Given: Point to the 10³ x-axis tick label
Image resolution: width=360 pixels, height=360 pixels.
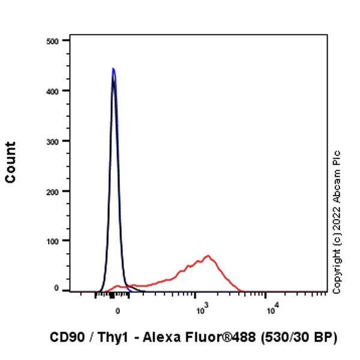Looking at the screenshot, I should (201, 310).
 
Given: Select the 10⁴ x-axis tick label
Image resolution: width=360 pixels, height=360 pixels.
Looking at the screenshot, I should (271, 310).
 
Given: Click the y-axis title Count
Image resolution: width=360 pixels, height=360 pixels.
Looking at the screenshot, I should (11, 162).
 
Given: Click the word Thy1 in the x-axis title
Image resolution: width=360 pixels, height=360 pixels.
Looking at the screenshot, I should (111, 338).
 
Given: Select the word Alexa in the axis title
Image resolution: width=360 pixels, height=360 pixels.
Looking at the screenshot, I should (156, 338).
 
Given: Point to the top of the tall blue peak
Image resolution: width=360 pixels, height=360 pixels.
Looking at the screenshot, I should (113, 68).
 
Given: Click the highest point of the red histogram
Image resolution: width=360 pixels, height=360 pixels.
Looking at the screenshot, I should (208, 256).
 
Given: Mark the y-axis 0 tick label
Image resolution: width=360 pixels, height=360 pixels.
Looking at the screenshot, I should (56, 289).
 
